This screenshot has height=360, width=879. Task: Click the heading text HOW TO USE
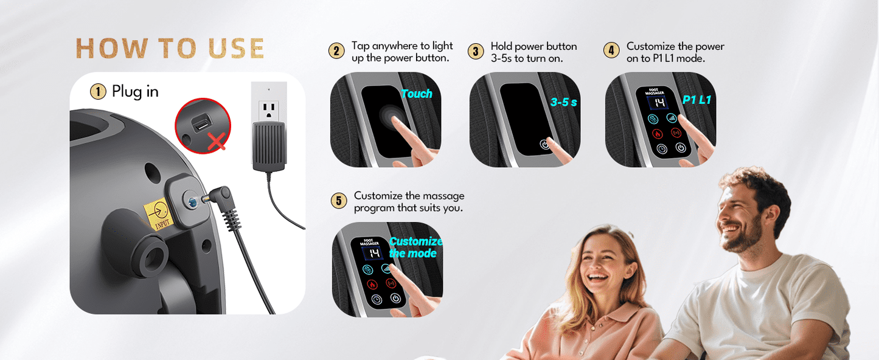(x=170, y=49)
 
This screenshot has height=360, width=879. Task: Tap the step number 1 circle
(x=98, y=92)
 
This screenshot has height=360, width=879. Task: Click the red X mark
(x=216, y=141)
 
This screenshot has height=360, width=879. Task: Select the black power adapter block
(x=269, y=146)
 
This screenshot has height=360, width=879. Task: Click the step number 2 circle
(x=336, y=51)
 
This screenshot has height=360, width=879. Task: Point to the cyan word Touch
(x=416, y=94)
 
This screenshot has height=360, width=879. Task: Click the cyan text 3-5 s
(x=563, y=102)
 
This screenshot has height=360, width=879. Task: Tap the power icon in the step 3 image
(x=544, y=145)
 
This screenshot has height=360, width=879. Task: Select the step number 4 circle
(x=611, y=50)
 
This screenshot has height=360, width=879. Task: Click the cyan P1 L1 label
(x=697, y=100)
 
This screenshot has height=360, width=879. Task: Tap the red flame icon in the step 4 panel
(x=658, y=134)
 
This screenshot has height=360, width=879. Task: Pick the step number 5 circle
(x=339, y=201)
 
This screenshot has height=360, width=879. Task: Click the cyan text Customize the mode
(x=415, y=247)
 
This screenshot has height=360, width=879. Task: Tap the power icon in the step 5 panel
(x=395, y=299)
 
